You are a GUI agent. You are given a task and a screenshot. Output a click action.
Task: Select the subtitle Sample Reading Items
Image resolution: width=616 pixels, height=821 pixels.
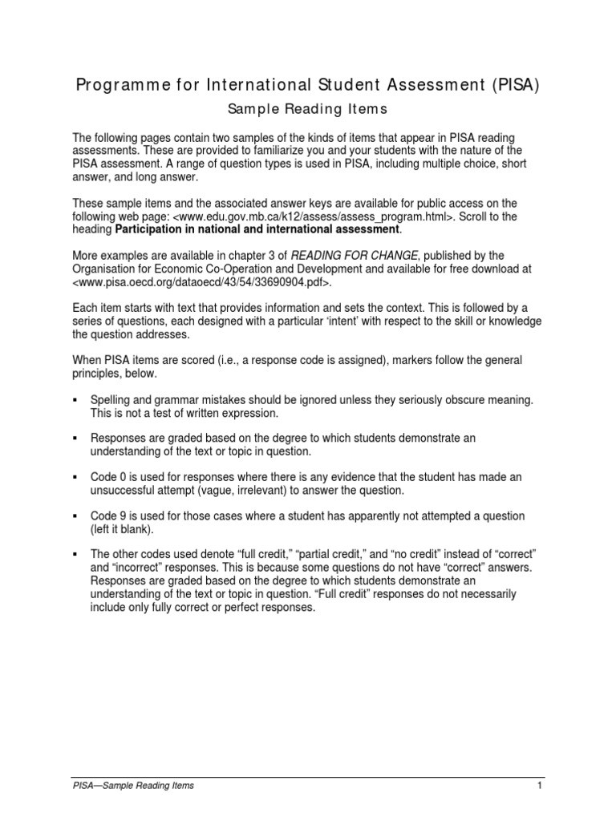(x=309, y=108)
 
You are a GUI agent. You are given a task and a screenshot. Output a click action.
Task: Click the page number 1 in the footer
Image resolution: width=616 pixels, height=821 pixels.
(x=541, y=786)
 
